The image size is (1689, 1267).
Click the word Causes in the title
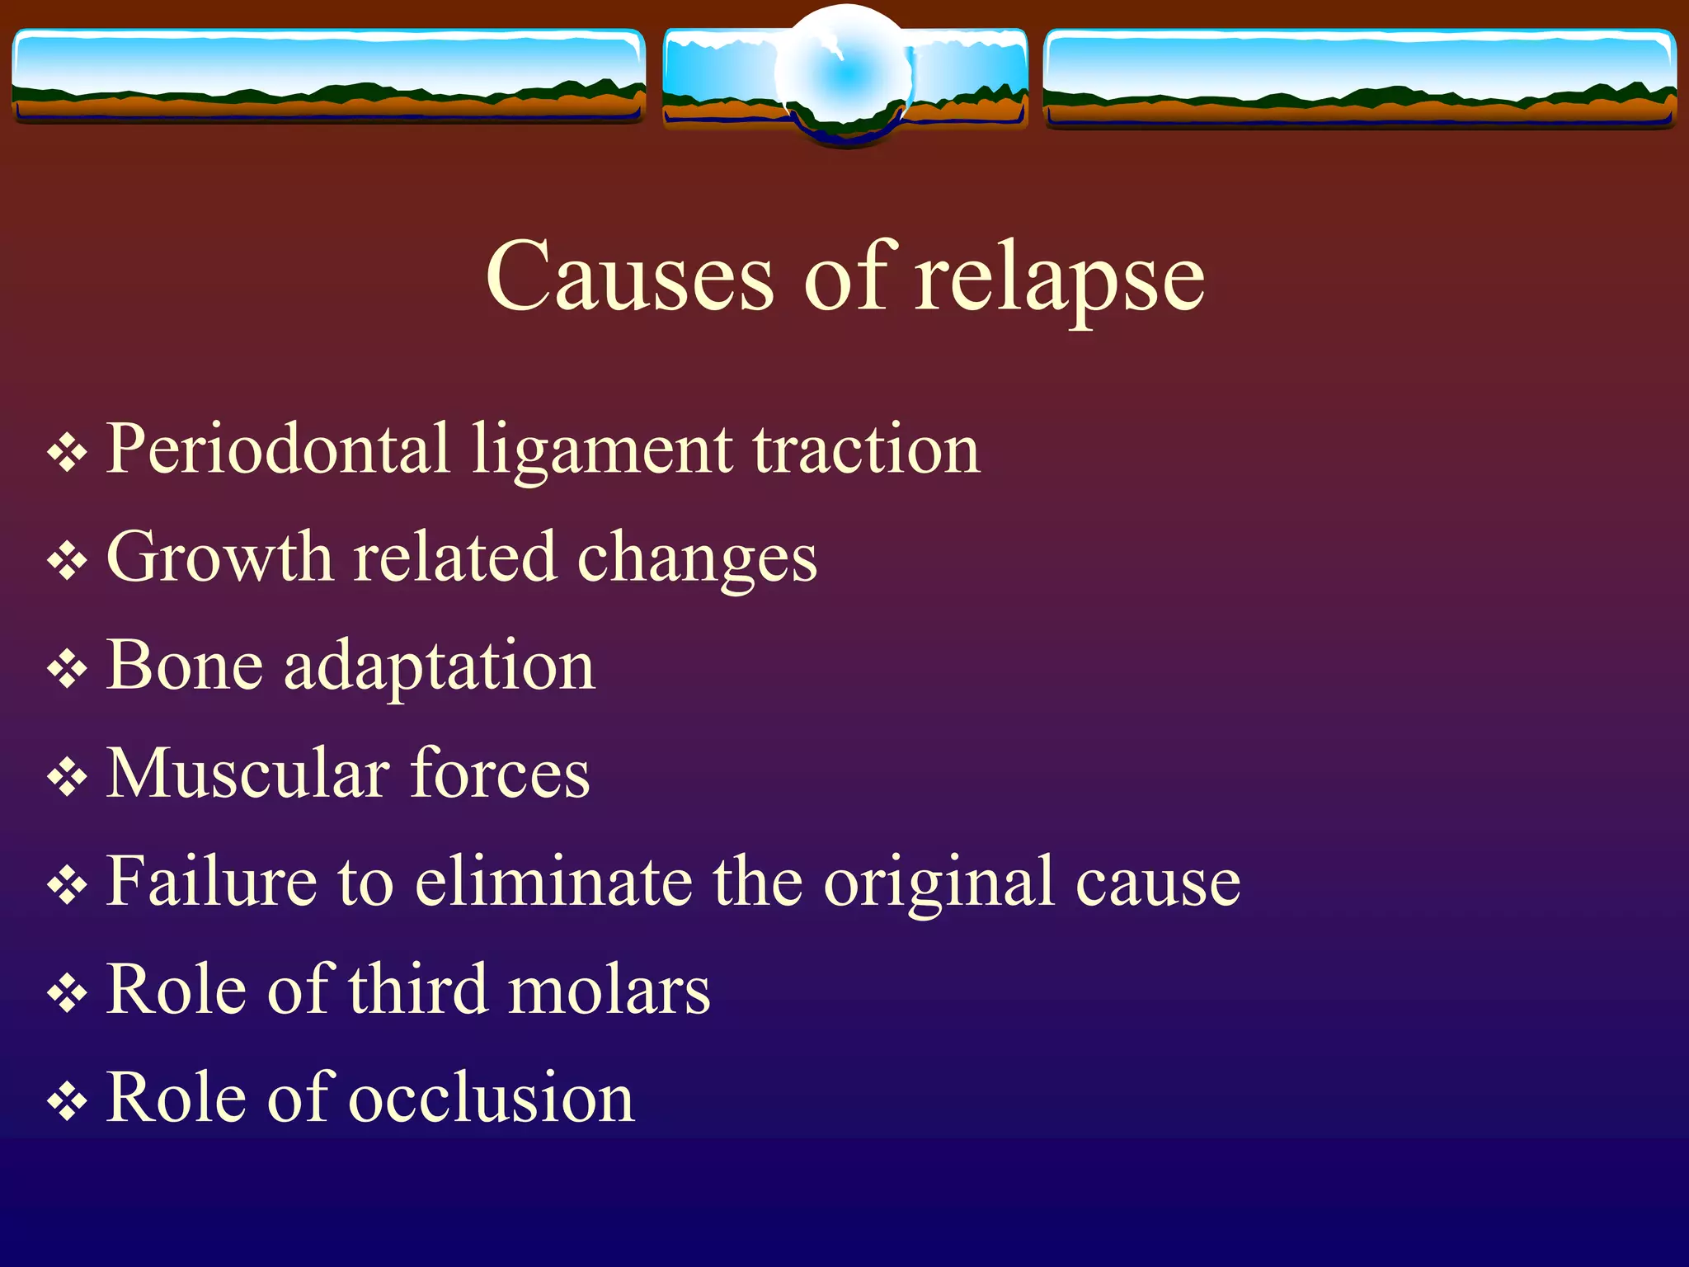pos(629,276)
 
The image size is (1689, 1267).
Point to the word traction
pos(866,450)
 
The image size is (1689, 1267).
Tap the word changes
pos(697,559)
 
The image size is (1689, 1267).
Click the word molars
pos(609,989)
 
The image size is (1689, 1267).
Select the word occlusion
pos(492,1097)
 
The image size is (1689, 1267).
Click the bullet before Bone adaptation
pos(67,669)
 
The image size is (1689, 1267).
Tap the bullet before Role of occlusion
pos(67,1101)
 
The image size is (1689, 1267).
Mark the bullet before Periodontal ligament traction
pos(67,453)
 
